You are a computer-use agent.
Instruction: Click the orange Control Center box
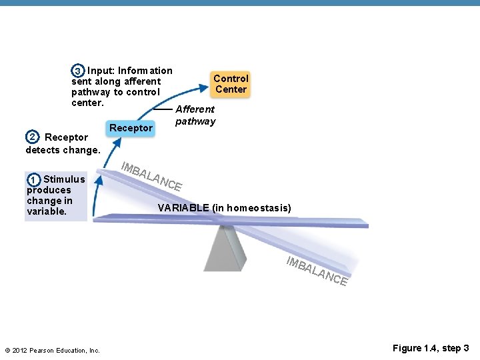click(x=231, y=84)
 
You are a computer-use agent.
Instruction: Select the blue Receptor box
click(x=131, y=127)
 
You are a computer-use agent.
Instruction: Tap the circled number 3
click(x=78, y=71)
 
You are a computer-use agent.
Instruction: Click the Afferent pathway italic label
click(x=195, y=115)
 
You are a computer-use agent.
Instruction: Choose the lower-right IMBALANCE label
click(x=317, y=271)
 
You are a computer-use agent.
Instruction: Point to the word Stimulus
click(x=64, y=179)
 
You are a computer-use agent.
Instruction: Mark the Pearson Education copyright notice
click(x=52, y=351)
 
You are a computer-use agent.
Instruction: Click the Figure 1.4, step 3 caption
click(x=431, y=348)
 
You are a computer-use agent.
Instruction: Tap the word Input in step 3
click(x=101, y=71)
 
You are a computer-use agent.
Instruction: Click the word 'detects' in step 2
click(x=44, y=150)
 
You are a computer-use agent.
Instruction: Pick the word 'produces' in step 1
click(x=49, y=190)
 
